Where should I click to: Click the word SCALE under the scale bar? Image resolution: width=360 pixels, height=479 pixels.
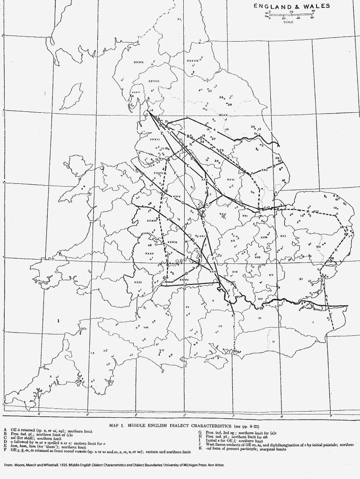[x=288, y=22]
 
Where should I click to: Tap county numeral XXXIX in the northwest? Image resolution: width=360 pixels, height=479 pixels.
[x=138, y=62]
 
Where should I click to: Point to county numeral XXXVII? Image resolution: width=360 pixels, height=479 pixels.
[x=154, y=81]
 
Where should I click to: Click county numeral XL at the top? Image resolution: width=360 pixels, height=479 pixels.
[x=180, y=19]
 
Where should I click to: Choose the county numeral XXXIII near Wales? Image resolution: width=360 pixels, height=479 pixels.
[x=151, y=221]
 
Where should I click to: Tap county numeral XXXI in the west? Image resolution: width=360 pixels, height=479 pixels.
[x=137, y=282]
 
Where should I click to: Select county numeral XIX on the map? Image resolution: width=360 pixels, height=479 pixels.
[x=235, y=271]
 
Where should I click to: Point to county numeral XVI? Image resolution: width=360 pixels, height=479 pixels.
[x=283, y=236]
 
